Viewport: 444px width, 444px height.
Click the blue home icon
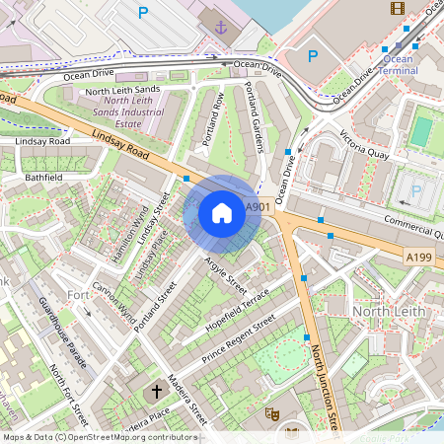click(x=222, y=213)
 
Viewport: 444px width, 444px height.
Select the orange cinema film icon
click(x=397, y=9)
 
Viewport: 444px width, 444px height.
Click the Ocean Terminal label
click(x=399, y=65)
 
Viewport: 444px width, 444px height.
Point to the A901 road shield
click(x=257, y=207)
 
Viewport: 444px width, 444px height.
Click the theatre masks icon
click(x=272, y=412)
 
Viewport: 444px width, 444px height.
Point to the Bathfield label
click(x=43, y=178)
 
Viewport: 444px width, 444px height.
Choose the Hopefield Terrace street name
click(x=237, y=307)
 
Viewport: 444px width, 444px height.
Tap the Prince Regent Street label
click(x=238, y=338)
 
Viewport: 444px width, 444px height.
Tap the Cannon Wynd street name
click(x=113, y=303)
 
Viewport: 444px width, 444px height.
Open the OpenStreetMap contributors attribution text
click(x=99, y=436)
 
